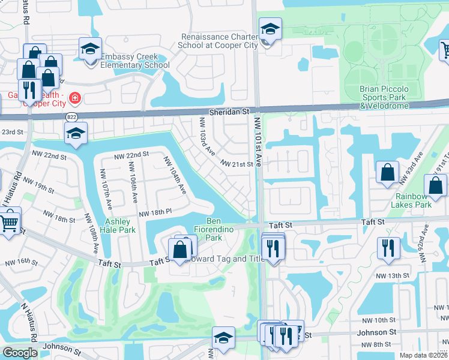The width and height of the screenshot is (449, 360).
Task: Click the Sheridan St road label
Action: (229, 112)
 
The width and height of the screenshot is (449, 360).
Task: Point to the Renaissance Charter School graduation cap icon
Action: (270, 29)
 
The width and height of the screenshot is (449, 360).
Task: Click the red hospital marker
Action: (74, 97)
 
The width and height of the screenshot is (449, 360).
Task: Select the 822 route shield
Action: (73, 116)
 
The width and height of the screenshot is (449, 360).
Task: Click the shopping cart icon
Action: (9, 223)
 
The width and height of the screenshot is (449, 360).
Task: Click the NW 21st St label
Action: (237, 164)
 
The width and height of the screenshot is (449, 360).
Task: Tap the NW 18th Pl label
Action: (155, 214)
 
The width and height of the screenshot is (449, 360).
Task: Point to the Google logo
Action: (20, 353)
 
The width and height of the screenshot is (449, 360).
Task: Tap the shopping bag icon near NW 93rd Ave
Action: (387, 172)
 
